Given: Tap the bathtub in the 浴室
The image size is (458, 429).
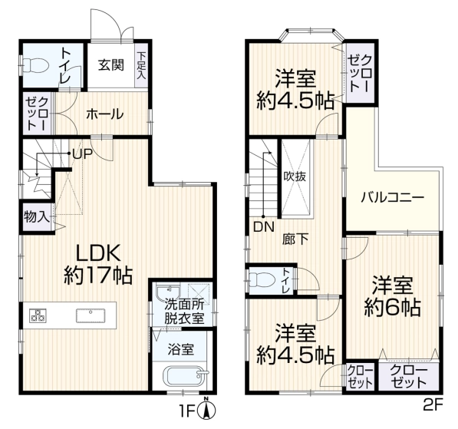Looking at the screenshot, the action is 185,376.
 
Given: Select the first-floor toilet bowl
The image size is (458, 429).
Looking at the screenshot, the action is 35,66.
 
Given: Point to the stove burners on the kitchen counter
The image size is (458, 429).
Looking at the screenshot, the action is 38,315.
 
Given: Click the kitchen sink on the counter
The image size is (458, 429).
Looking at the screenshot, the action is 91,315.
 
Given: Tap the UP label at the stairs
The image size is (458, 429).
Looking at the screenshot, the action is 82,154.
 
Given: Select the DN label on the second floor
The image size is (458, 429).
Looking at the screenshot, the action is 264,226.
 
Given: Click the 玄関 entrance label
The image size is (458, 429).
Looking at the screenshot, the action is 111,65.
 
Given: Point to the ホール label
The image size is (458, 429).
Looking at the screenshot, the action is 105,114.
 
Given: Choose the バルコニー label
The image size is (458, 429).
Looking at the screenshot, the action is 393,198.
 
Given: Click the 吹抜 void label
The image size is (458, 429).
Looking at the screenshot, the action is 295,177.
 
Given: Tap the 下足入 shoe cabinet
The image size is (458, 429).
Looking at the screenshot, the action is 142,65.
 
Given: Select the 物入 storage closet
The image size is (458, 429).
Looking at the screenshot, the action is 36,217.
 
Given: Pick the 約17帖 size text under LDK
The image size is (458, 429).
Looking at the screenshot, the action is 98,276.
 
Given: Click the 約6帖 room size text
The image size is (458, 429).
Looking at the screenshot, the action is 392,307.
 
